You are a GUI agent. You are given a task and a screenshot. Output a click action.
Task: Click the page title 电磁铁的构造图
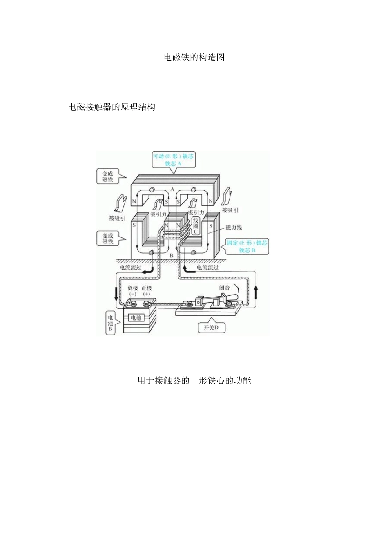194,58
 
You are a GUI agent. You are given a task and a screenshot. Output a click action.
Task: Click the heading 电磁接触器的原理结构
111,107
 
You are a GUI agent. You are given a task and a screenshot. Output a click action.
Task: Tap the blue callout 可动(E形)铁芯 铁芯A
173,160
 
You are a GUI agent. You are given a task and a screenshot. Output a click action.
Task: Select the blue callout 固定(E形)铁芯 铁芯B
247,246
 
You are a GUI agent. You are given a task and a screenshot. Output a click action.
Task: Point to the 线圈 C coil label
196,226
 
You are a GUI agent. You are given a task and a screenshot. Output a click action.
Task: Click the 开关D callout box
214,328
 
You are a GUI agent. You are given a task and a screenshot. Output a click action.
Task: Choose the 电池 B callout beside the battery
110,323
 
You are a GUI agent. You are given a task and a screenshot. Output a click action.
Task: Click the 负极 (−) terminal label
133,291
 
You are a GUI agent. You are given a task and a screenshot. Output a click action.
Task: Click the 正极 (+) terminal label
147,291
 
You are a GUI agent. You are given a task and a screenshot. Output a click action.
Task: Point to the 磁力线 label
234,227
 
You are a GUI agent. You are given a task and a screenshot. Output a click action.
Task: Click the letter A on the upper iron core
172,190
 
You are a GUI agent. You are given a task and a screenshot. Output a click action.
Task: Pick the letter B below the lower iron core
172,255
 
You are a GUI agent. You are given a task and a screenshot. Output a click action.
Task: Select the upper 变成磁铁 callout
108,176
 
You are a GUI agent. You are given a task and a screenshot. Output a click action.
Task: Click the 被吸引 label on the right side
230,210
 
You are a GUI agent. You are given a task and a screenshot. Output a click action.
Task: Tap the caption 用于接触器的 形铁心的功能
194,381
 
